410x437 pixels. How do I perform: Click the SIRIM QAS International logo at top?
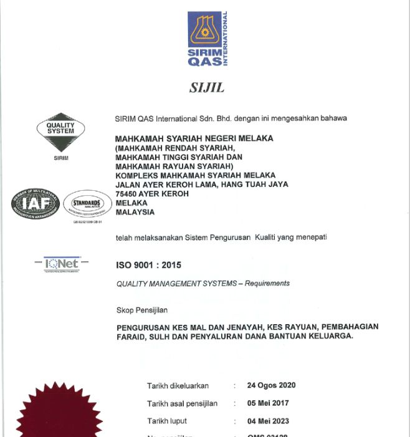tap(207, 39)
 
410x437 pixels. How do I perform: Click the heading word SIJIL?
tap(207, 87)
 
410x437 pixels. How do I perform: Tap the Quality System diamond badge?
tap(60, 132)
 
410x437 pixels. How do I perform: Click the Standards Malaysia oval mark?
tap(87, 204)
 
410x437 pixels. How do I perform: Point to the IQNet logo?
tap(62, 264)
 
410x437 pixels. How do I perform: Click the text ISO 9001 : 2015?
tap(149, 265)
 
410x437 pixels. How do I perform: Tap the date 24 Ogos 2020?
tap(271, 385)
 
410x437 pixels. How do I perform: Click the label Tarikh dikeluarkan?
tap(178, 386)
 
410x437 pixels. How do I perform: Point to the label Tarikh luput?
tap(166, 421)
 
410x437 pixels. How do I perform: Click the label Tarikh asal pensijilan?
tap(182, 403)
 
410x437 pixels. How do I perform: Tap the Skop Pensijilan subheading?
tap(142, 310)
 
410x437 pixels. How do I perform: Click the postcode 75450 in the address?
tap(128, 194)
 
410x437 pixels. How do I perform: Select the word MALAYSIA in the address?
tap(135, 212)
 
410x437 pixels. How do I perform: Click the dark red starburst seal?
tap(59, 415)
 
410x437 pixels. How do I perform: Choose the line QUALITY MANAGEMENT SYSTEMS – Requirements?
tap(203, 284)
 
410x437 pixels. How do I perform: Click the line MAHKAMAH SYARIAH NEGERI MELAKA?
tap(194, 138)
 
